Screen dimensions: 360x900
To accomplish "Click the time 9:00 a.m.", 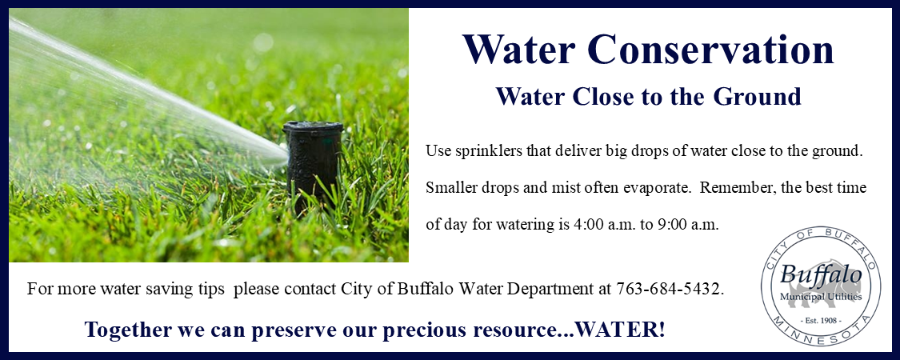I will tap(687, 225).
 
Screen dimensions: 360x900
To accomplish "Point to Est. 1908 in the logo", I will tap(821, 319).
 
